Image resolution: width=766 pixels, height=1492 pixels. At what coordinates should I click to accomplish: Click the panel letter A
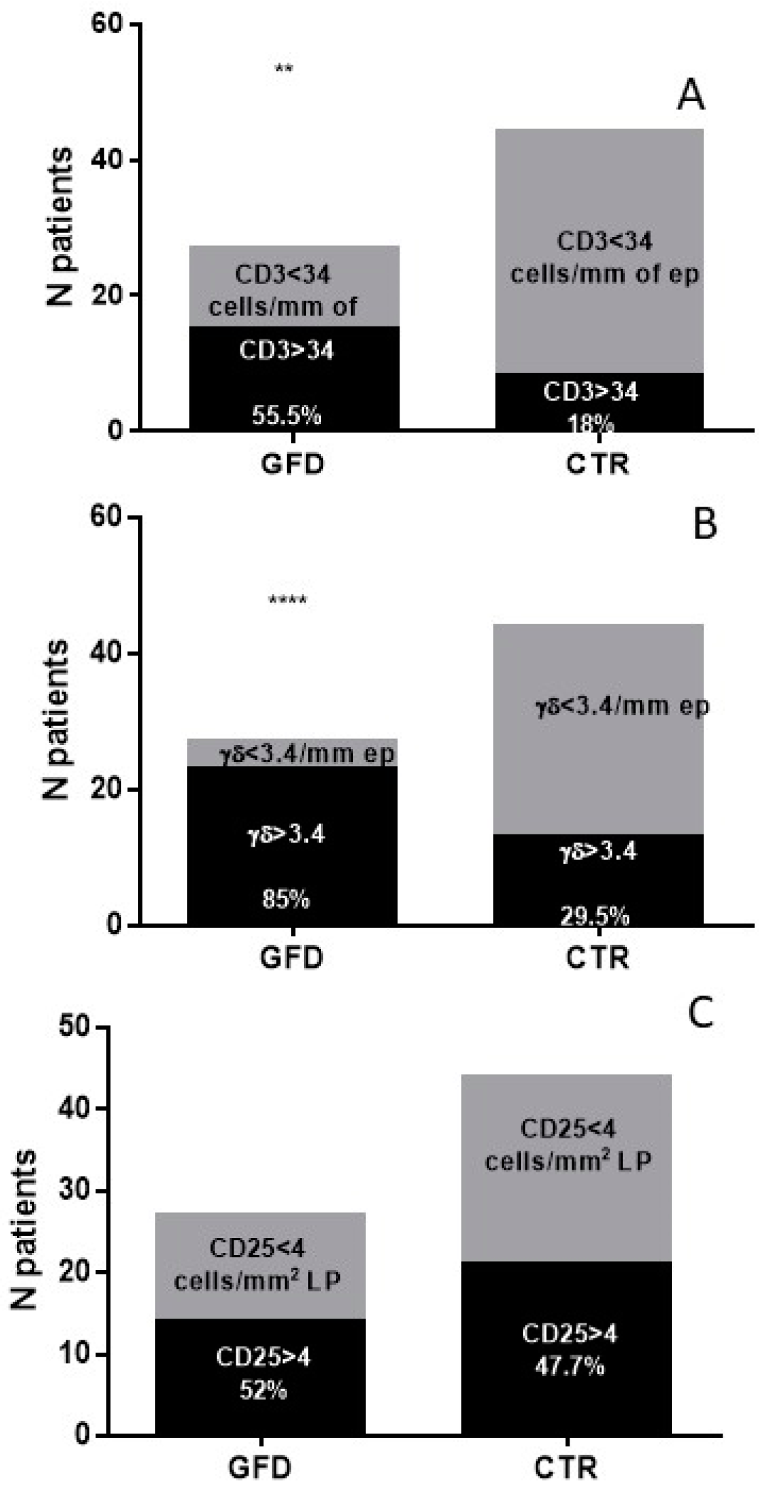(x=690, y=95)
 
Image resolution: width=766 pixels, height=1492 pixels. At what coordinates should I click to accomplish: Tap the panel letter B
(x=704, y=524)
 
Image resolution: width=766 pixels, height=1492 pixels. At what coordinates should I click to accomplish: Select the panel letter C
(x=700, y=1032)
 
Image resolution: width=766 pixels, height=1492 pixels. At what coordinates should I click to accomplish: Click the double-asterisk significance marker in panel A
(x=284, y=68)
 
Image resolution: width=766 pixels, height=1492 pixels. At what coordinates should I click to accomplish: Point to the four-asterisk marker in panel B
(x=288, y=600)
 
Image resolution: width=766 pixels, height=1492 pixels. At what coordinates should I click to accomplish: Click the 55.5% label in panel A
(x=286, y=414)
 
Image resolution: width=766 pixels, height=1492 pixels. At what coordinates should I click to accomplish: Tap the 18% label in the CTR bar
(x=591, y=425)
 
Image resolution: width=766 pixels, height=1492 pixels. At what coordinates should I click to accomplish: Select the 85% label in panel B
(x=286, y=899)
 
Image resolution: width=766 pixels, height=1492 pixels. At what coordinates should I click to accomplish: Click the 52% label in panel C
(x=263, y=1390)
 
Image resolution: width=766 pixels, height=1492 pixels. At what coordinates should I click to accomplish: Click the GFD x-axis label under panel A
(x=292, y=465)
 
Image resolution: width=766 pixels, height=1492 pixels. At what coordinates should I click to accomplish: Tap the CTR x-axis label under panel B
(x=598, y=957)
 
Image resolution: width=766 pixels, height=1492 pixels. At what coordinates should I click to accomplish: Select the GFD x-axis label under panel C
(x=260, y=1466)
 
